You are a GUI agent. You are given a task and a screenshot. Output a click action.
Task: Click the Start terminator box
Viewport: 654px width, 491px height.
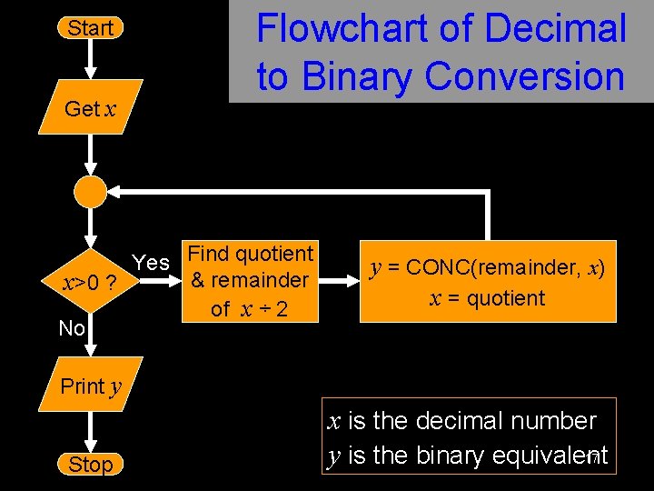(x=90, y=28)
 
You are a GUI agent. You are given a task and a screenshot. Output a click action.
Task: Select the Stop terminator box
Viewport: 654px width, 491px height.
(x=90, y=465)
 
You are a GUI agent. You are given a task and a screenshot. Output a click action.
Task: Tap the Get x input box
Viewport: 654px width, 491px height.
(x=90, y=109)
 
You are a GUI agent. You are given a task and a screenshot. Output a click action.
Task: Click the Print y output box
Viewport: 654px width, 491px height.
(x=90, y=386)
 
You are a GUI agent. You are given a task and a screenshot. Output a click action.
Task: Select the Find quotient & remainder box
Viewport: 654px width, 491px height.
(x=249, y=281)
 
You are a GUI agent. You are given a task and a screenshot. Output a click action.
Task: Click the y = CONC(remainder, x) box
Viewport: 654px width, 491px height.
(x=488, y=281)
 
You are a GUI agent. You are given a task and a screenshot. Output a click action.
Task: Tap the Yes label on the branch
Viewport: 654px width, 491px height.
(x=151, y=263)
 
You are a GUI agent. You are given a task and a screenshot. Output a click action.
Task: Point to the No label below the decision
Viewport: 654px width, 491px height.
(x=72, y=328)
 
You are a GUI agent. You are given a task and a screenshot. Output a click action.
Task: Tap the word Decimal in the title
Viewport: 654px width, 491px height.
(x=555, y=29)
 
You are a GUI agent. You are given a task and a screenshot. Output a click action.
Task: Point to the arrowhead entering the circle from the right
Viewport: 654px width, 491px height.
(x=116, y=191)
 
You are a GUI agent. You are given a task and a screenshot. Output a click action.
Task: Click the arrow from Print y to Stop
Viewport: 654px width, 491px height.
(x=90, y=427)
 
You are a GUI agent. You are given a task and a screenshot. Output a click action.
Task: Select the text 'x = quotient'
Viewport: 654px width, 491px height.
(x=487, y=298)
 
